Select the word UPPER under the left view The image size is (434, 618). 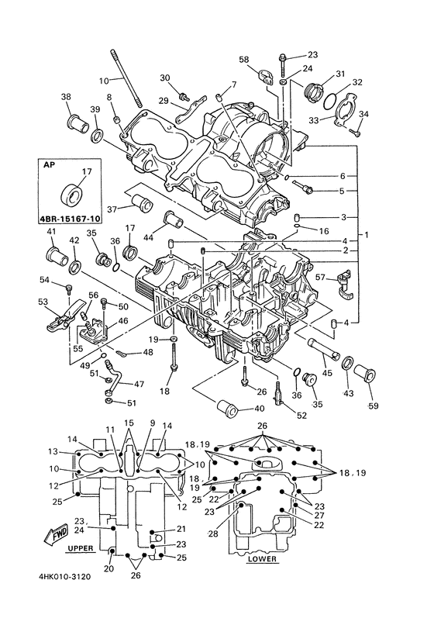(81, 548)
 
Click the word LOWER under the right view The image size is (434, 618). (262, 559)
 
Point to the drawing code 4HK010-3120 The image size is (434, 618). (64, 577)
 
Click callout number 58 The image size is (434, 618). (244, 60)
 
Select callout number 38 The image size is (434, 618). (66, 97)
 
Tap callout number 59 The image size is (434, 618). (373, 406)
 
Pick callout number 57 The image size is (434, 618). (321, 278)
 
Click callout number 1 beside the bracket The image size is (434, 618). (366, 235)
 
